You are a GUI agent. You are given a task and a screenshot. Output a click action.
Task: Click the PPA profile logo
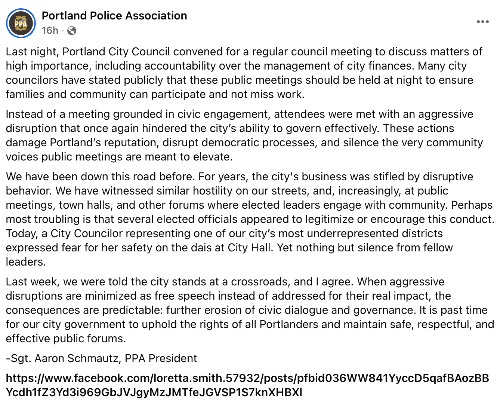click(21, 23)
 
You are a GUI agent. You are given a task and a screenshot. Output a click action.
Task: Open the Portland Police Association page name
click(114, 16)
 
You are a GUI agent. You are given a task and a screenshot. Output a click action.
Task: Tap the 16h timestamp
click(50, 30)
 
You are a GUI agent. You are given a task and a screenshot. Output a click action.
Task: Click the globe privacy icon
click(72, 31)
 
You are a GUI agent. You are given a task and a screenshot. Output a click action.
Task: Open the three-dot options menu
click(482, 22)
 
